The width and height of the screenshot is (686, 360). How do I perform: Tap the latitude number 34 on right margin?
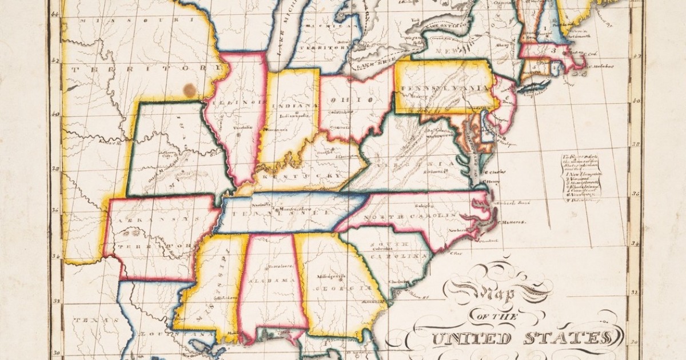[x=634, y=243]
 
